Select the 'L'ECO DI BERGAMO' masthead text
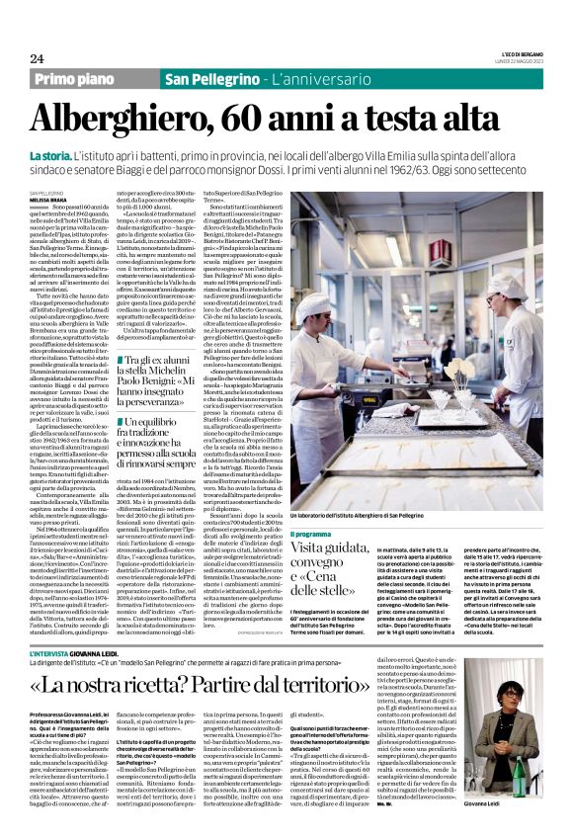[519, 55]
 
